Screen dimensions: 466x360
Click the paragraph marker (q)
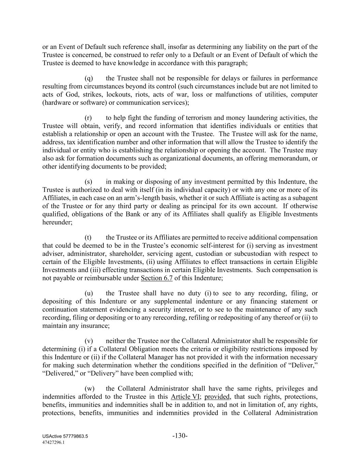point(89,79)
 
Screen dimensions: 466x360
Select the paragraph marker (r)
point(88,118)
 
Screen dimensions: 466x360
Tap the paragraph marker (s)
point(88,182)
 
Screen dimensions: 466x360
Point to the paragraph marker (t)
point(88,238)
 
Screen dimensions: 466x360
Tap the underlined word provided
point(217,397)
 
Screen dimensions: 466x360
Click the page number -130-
point(180,436)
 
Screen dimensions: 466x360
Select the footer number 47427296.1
point(54,442)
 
